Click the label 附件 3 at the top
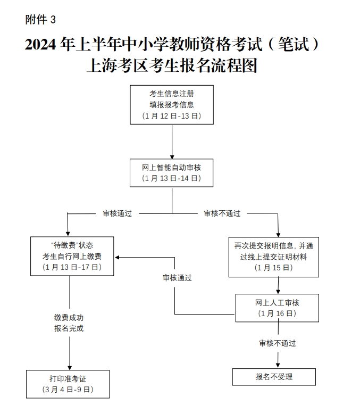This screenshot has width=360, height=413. [40, 20]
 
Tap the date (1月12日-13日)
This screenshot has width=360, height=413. [172, 116]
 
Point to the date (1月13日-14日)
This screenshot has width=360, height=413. [172, 179]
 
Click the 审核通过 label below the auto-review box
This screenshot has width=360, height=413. [117, 213]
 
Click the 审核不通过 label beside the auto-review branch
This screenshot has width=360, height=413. [222, 213]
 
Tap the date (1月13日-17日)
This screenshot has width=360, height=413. [72, 267]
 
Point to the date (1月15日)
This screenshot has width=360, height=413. [274, 268]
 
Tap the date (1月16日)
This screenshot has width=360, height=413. [277, 313]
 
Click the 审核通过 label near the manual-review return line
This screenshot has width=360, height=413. [177, 278]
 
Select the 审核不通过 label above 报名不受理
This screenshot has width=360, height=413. [278, 343]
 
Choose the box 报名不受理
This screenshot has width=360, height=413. [274, 377]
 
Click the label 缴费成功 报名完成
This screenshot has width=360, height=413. [69, 323]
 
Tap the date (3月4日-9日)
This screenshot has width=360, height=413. [68, 390]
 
